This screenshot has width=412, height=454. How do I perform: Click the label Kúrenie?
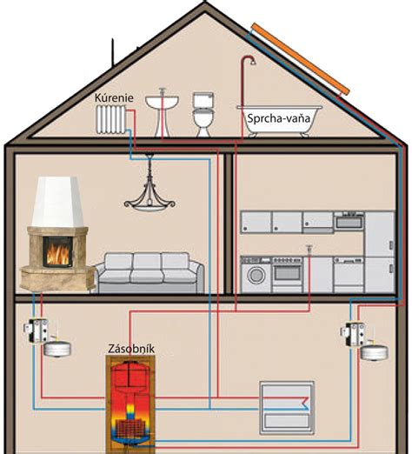coord(114,97)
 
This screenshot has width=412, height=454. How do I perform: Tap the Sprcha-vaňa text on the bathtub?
coord(278,118)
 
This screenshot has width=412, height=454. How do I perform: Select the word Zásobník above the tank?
coord(131,349)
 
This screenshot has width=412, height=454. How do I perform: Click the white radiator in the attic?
coord(111,119)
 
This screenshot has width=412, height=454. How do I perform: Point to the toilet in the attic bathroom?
coord(203,114)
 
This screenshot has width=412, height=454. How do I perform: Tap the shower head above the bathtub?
coord(253,62)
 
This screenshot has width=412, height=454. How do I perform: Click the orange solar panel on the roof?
coord(301,59)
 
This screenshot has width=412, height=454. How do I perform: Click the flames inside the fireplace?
coord(58,254)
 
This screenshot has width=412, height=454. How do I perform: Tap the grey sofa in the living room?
coord(150,272)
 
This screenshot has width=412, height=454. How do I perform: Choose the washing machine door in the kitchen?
coord(256,275)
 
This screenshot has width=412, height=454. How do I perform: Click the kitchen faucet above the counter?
coord(309,249)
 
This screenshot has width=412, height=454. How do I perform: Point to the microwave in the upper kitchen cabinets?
coord(349,221)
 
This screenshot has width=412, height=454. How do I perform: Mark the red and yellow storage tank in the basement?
coord(131,404)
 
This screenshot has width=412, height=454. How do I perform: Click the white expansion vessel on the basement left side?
coord(57,349)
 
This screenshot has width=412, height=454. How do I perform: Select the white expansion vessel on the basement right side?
coord(375,352)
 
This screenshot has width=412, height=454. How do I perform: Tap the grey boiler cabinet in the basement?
coord(287,408)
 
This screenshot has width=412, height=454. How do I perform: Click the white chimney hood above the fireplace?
coord(57,202)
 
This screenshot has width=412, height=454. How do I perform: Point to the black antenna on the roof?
coord(113,52)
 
